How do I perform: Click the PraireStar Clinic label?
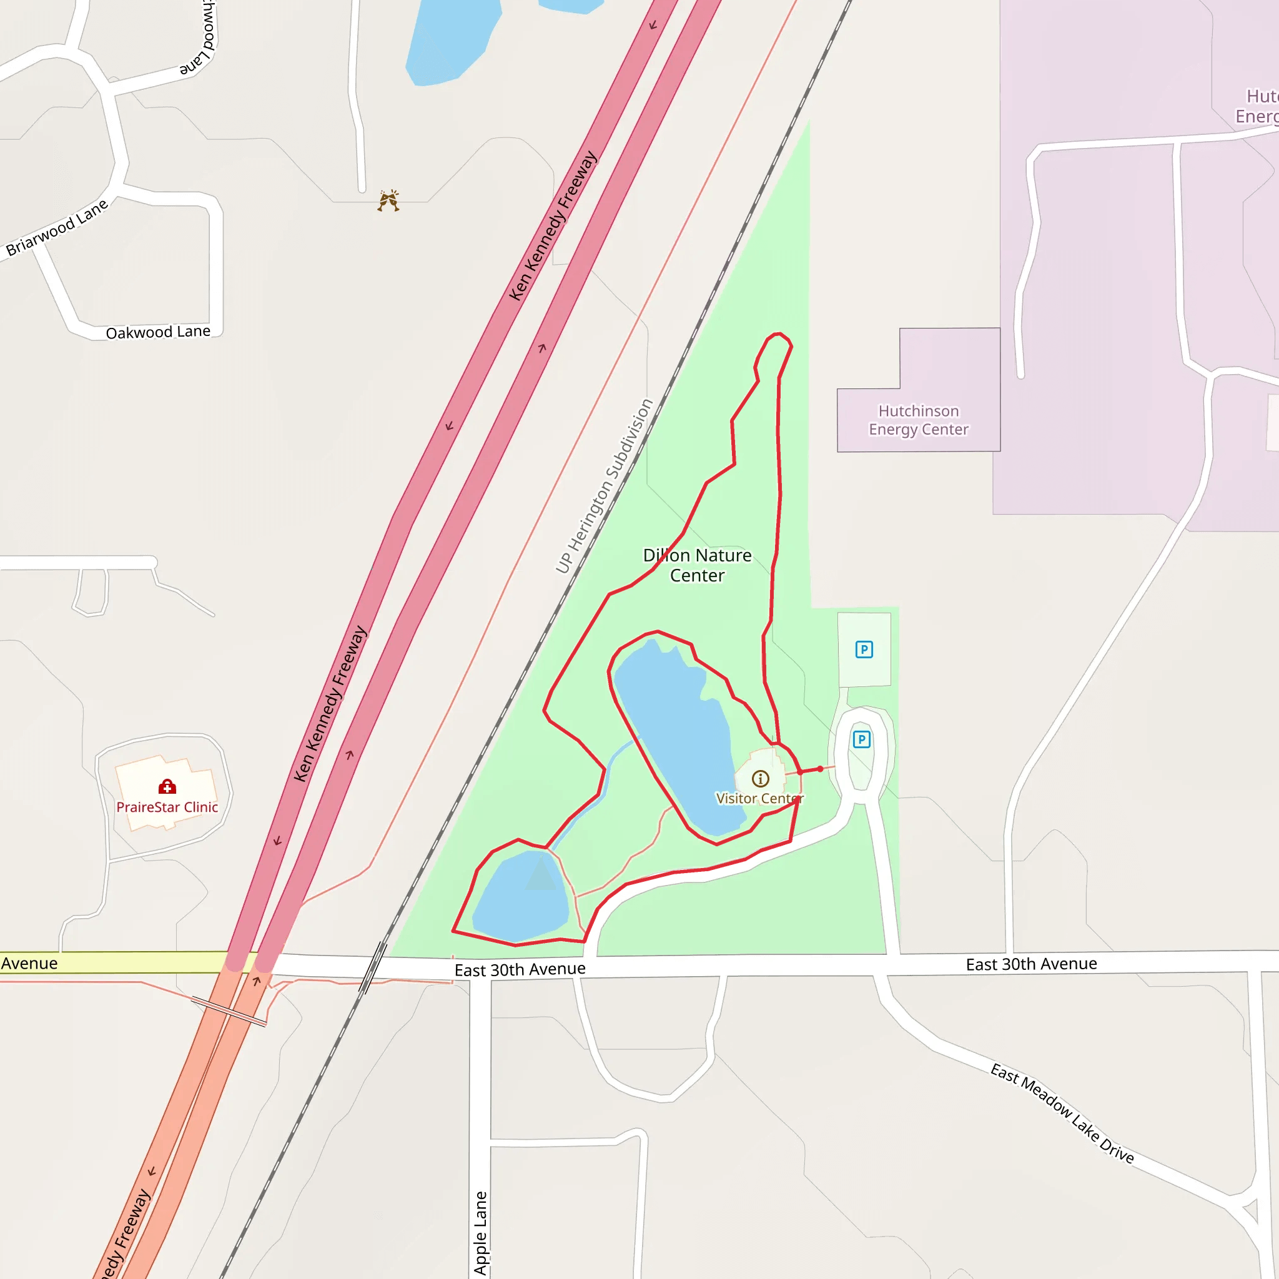[167, 807]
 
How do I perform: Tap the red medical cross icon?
[167, 786]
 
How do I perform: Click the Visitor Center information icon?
[760, 779]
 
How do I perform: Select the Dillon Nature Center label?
[697, 565]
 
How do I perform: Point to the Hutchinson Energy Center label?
[918, 420]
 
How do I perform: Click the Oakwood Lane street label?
[158, 332]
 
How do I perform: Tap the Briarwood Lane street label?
[57, 228]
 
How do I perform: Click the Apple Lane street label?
[481, 1233]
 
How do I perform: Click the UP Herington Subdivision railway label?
[604, 486]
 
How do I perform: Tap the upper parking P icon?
[864, 649]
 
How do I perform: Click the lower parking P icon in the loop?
[861, 739]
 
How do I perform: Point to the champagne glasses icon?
[388, 200]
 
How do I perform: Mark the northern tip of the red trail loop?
[779, 334]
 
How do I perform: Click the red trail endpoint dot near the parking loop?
[820, 769]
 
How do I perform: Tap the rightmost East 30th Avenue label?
[1030, 964]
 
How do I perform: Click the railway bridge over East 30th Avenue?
[373, 968]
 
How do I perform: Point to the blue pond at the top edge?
[450, 40]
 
